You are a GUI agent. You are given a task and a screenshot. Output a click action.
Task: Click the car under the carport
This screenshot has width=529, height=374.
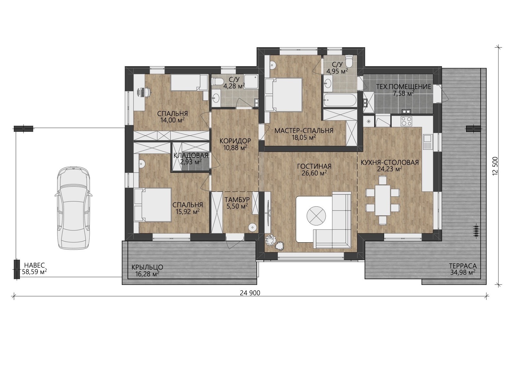[73, 208]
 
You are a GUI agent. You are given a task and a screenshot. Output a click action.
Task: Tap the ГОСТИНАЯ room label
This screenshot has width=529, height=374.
[314, 166]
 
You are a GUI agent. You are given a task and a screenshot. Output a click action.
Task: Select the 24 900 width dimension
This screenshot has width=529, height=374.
[250, 293]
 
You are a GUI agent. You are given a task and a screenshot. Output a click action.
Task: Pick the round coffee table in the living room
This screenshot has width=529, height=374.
[316, 216]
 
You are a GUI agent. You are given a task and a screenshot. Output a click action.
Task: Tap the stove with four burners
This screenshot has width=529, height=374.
[406, 121]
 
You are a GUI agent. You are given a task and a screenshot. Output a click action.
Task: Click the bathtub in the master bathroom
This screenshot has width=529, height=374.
[339, 101]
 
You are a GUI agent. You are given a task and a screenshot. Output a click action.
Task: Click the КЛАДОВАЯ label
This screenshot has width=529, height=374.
[191, 156]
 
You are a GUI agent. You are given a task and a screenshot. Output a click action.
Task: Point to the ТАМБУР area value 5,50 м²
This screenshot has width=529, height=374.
[237, 207]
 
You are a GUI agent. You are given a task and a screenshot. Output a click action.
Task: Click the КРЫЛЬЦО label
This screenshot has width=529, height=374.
[147, 267]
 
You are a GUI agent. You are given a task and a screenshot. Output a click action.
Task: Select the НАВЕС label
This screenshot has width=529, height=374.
[34, 265]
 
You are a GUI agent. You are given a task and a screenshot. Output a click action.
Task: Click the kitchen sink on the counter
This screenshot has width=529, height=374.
[427, 142]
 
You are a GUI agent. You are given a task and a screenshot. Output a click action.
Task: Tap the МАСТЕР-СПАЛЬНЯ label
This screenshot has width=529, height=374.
[304, 131]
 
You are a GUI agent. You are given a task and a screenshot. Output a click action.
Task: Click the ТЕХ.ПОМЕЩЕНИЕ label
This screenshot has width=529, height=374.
[404, 87]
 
